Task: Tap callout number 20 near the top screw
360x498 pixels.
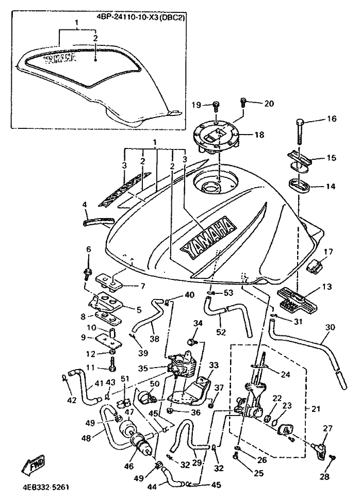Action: point(269,103)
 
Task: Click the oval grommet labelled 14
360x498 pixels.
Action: point(299,185)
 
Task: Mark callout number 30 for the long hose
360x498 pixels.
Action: point(331,327)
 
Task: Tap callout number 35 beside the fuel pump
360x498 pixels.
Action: point(143,369)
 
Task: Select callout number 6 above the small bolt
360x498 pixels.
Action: point(88,250)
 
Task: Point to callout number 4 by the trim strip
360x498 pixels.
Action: point(85,204)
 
